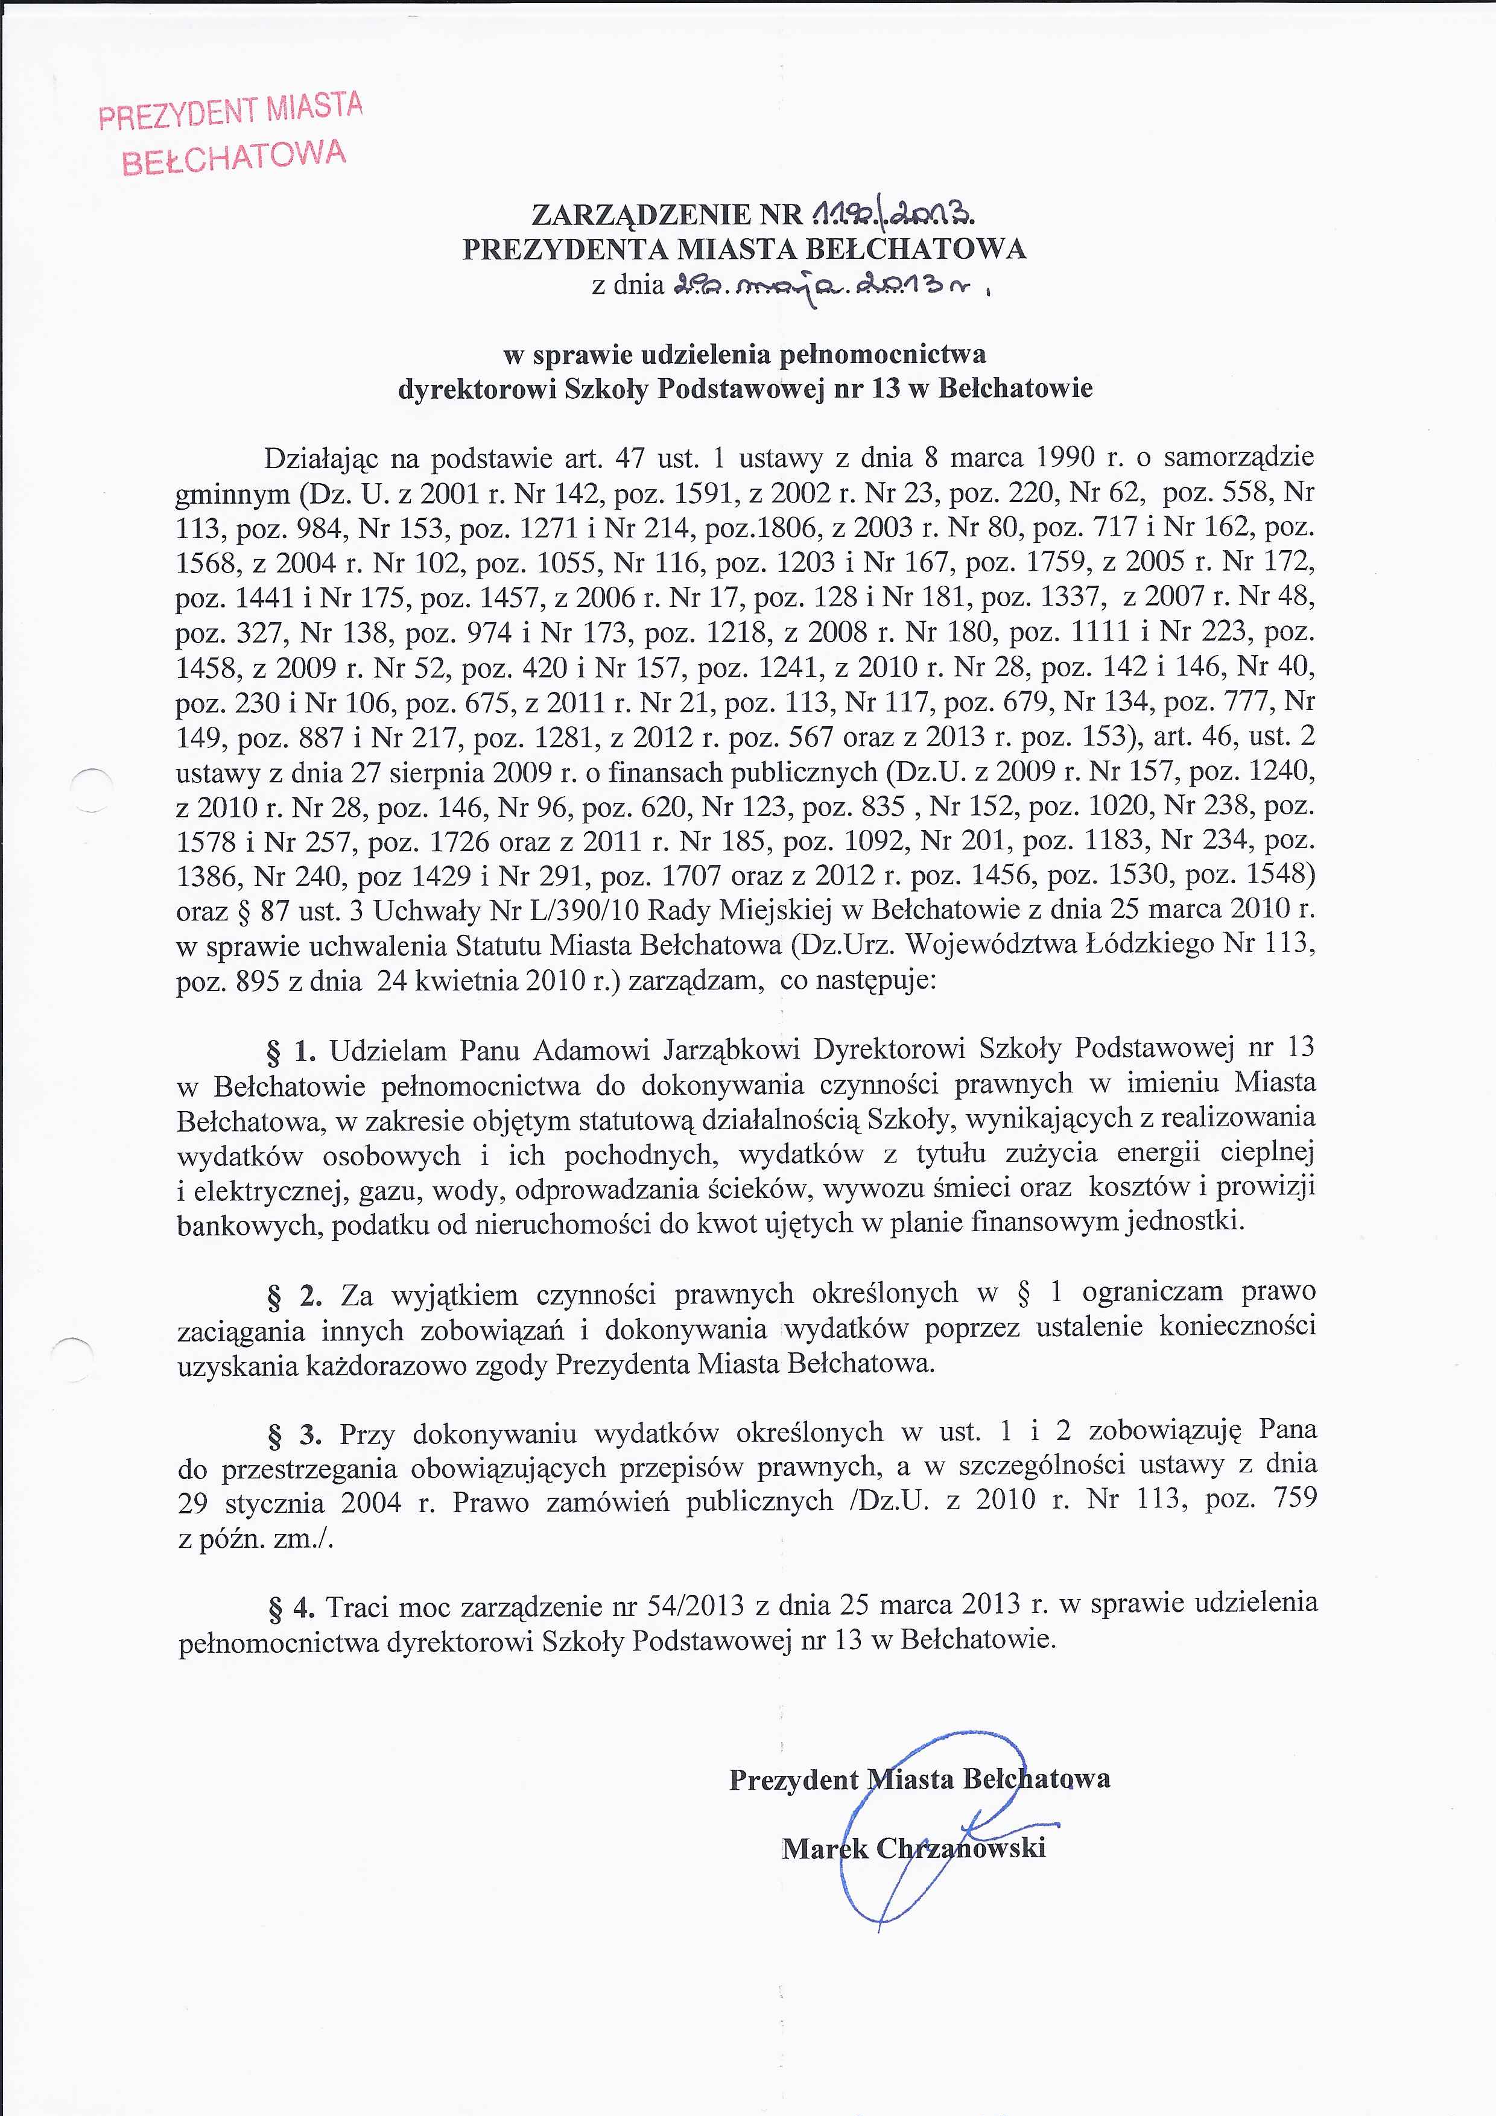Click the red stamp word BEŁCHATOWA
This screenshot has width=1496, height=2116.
[234, 157]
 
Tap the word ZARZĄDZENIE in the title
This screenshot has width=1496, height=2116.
[642, 215]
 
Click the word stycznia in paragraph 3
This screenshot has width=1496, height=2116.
[274, 1504]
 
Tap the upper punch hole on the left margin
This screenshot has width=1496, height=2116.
[91, 789]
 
